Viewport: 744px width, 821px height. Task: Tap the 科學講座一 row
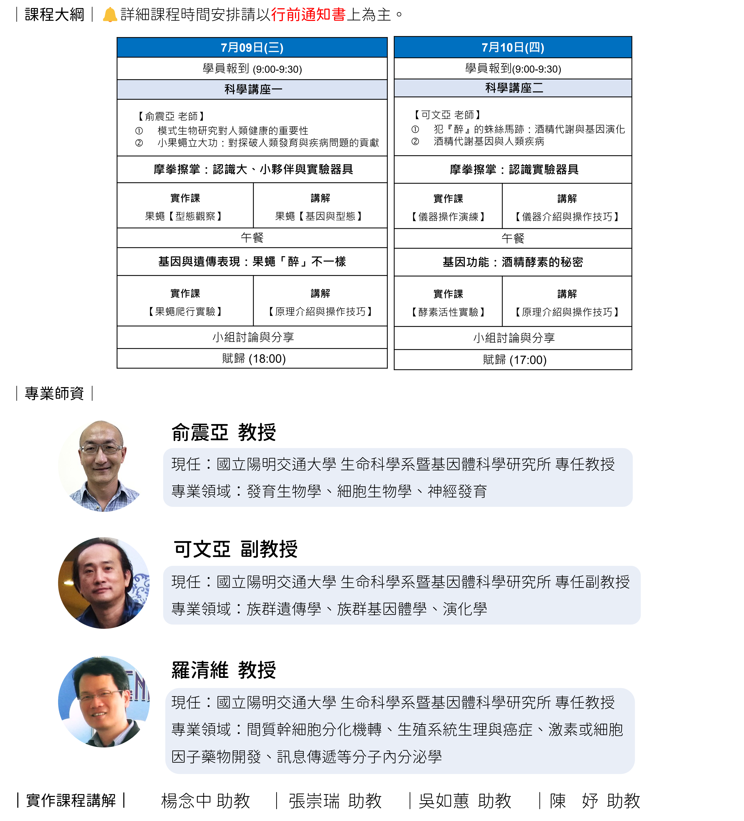(x=252, y=90)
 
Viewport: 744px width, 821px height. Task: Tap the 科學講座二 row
(x=512, y=88)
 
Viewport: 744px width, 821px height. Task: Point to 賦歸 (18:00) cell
(x=252, y=358)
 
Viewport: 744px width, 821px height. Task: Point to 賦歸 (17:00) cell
(x=512, y=360)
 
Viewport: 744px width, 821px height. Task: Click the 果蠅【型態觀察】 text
(x=184, y=216)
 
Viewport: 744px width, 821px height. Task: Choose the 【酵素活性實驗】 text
(x=448, y=312)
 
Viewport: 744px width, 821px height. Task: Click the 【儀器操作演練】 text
(x=448, y=217)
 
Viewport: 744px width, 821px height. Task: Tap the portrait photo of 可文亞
(x=104, y=583)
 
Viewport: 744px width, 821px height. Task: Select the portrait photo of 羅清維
(x=104, y=701)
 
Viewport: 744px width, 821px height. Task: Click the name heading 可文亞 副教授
(x=236, y=549)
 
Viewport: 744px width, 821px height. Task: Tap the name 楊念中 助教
(x=205, y=801)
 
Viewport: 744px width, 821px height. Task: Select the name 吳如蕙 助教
(x=465, y=801)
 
